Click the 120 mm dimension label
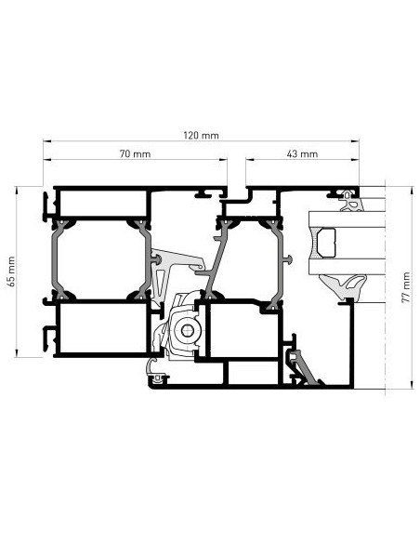pos(201,135)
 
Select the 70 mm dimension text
pos(135,153)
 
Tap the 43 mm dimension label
pos(302,153)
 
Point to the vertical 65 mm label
pos(11,271)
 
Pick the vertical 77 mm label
pos(405,287)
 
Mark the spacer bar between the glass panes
pos(326,243)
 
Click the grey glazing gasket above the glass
pos(351,201)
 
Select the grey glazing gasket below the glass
pos(343,286)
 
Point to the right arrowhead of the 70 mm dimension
pos(223,160)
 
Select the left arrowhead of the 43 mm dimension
pos(250,160)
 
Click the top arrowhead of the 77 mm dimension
pos(412,191)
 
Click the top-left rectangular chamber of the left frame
pos(103,204)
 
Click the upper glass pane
pos(347,219)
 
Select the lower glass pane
pos(347,266)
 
